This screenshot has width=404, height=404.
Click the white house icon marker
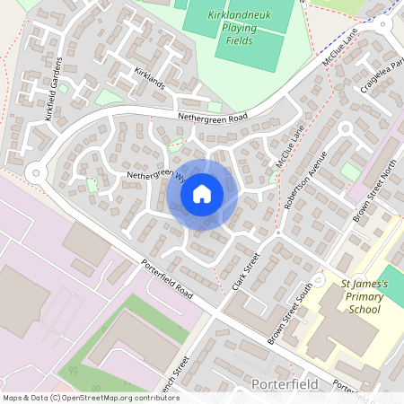coord(202,193)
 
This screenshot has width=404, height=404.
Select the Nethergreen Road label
coord(213,118)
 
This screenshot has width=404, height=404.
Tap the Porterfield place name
coord(278,384)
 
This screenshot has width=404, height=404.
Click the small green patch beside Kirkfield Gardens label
coord(63,88)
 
